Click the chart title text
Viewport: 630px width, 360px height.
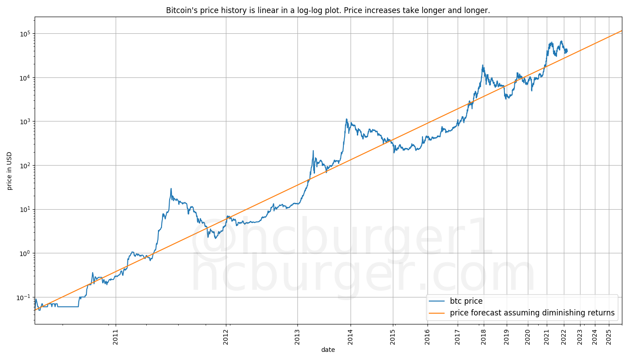click(328, 10)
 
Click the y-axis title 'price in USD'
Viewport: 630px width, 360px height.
click(9, 171)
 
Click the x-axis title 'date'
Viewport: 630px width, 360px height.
click(328, 350)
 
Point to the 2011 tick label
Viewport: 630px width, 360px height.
click(116, 337)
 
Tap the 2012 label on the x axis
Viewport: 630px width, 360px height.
click(226, 337)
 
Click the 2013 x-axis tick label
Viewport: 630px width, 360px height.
click(297, 337)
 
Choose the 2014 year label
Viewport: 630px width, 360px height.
click(350, 337)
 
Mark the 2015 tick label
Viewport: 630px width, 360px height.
click(393, 337)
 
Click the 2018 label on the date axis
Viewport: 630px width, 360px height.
click(483, 337)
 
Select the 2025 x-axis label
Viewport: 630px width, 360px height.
click(608, 337)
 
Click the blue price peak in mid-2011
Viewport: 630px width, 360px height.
click(171, 189)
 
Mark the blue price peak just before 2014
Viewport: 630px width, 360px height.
click(346, 119)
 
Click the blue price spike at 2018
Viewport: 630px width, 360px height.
click(483, 65)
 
